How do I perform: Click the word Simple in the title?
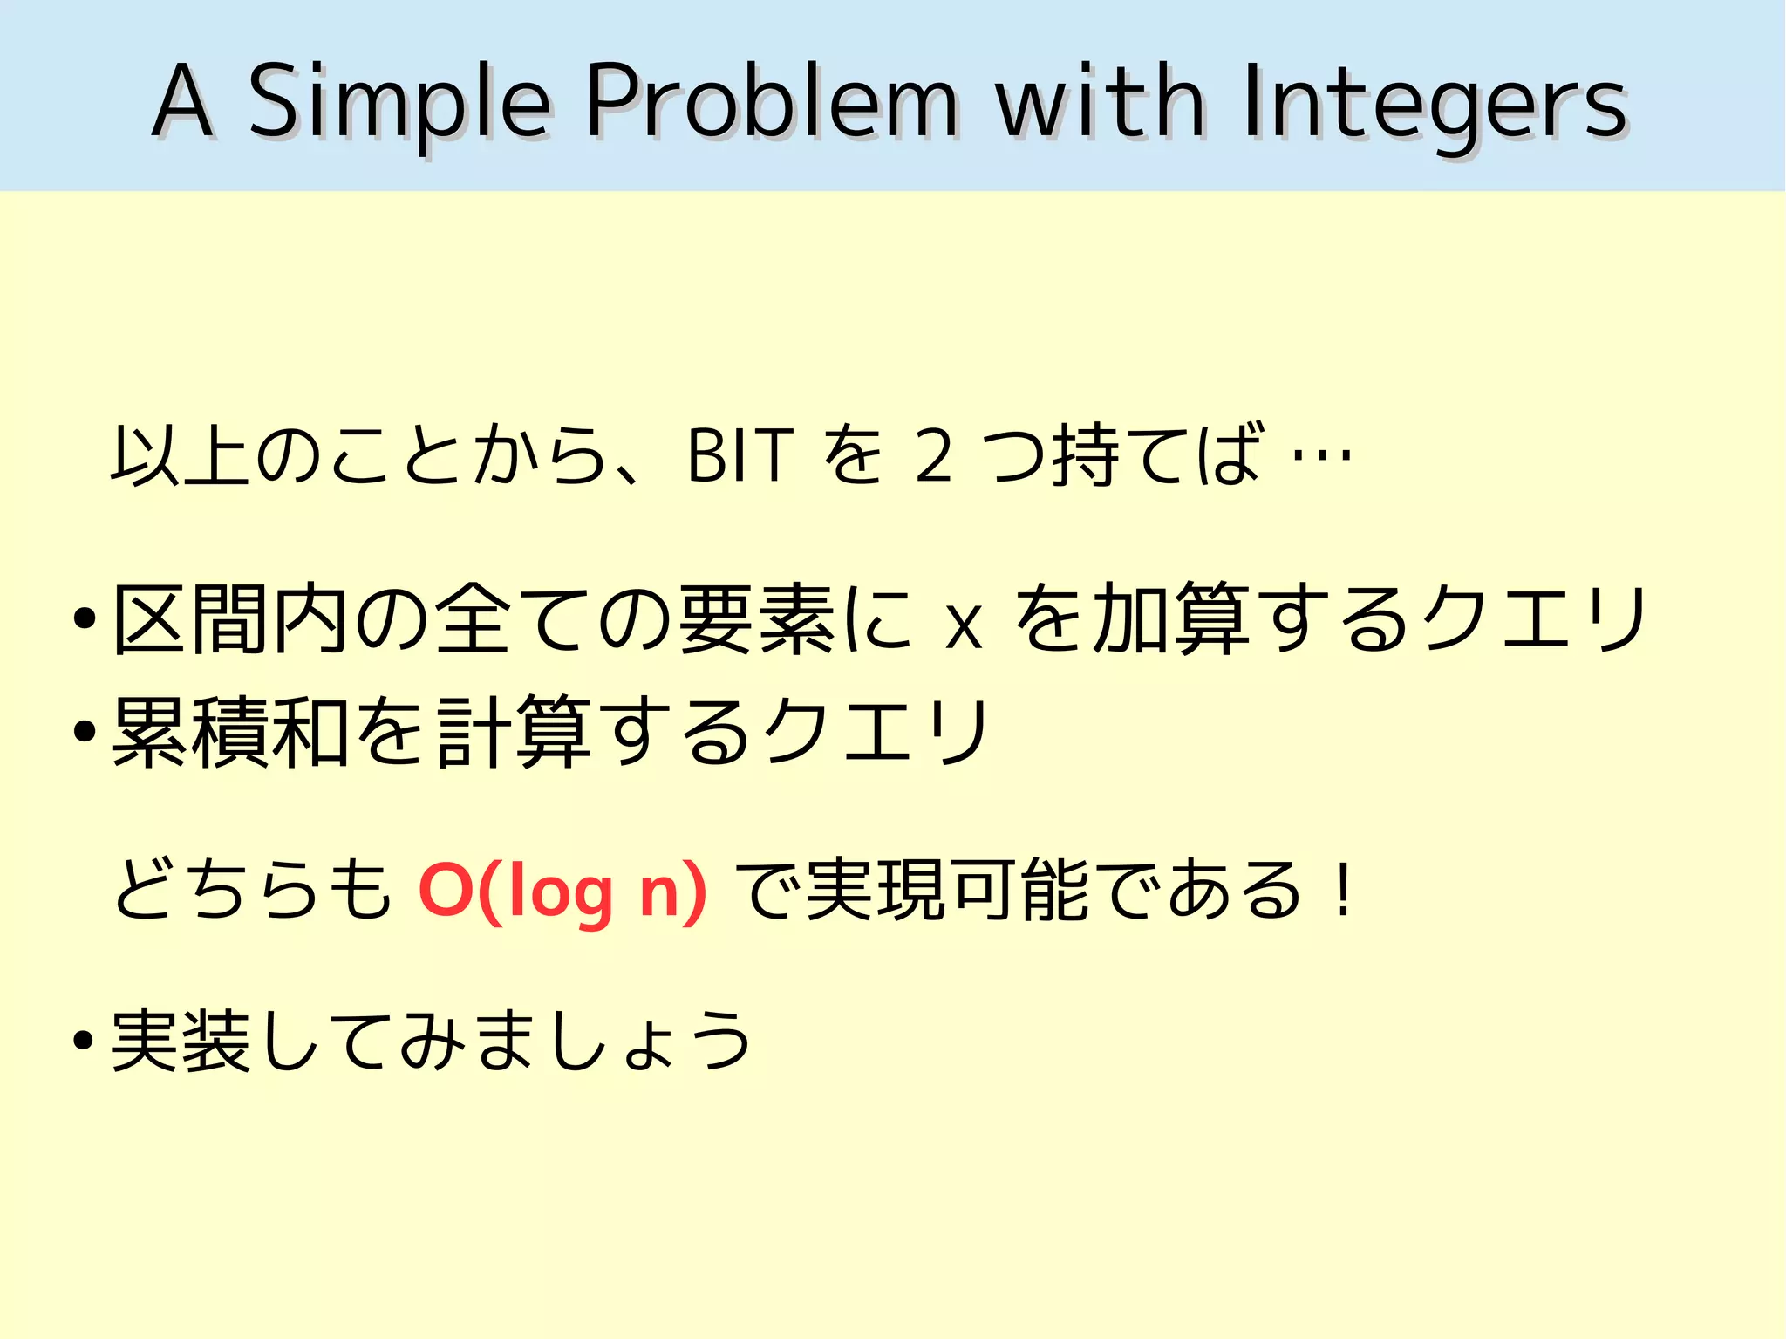(399, 103)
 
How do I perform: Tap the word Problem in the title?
(771, 101)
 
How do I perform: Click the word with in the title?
(1101, 101)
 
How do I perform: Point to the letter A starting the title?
(182, 101)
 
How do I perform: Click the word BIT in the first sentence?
(740, 455)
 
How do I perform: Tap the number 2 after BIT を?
(933, 455)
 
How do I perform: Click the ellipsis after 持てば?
(1321, 455)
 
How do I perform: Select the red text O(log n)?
(562, 892)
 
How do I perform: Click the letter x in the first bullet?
(964, 625)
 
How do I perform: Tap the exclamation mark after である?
(1345, 890)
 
